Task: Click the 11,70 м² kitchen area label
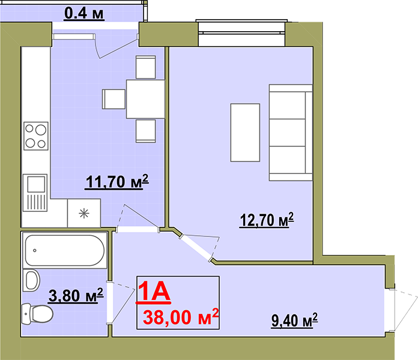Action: [x=117, y=182]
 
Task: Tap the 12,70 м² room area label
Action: [x=267, y=220]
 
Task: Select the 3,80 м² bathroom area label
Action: [x=76, y=295]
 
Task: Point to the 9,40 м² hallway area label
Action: [x=294, y=320]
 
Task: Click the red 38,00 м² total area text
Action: [x=181, y=317]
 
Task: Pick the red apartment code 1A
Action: [x=154, y=292]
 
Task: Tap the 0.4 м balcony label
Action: [x=84, y=13]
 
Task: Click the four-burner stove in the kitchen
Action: [x=36, y=136]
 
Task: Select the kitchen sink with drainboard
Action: [x=35, y=193]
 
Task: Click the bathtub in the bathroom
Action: [x=65, y=250]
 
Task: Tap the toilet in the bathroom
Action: [x=37, y=314]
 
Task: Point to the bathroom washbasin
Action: [x=31, y=280]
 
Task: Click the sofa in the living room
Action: [x=291, y=133]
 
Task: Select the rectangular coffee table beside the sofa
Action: [x=245, y=133]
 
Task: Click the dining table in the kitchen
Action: [x=145, y=99]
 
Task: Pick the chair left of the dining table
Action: [x=114, y=99]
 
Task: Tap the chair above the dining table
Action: [x=145, y=67]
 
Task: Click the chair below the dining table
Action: [x=145, y=131]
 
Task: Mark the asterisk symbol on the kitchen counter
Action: [x=84, y=213]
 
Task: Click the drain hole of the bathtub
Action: [x=35, y=250]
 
